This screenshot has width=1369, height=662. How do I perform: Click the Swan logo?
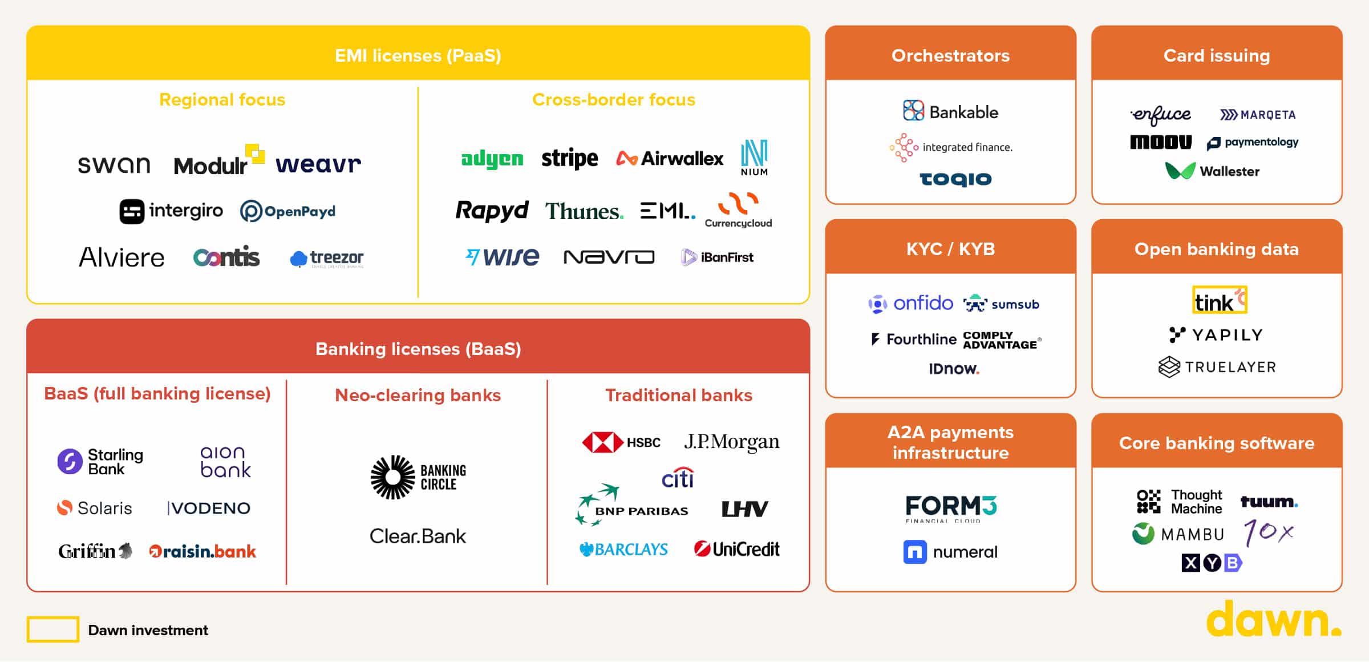114,165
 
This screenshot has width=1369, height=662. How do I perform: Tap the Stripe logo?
569,158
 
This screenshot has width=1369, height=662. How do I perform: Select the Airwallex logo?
669,158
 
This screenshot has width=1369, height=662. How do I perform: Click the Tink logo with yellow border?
1220,300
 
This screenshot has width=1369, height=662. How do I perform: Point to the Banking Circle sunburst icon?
392,477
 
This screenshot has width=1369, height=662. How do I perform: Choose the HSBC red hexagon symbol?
601,442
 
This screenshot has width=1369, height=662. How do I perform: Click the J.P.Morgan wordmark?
731,442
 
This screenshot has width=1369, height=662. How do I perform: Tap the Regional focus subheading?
222,100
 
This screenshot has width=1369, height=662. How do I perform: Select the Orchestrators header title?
950,55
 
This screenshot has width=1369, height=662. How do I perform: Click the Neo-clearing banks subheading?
418,395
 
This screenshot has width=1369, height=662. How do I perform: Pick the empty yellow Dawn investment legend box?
53,629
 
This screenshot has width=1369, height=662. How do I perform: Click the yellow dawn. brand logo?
1273,620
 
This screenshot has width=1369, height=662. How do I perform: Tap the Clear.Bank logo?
418,536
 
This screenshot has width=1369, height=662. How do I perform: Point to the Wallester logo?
1212,171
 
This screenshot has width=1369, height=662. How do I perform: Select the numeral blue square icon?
915,552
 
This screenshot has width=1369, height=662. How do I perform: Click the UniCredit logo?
736,549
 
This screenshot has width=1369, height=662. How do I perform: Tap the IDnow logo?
954,369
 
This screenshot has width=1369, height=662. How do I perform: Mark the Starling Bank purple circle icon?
70,461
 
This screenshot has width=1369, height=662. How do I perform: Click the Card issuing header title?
1216,55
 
